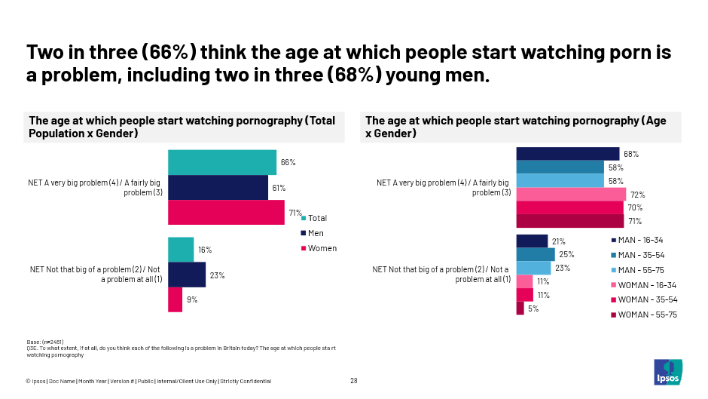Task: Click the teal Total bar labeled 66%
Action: tap(221, 162)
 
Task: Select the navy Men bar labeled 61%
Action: tap(218, 188)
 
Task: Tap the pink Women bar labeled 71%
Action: tap(226, 213)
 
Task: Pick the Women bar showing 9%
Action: tap(175, 299)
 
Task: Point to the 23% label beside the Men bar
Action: tap(218, 275)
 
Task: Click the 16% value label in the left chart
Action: tap(205, 250)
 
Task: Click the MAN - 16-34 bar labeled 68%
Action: tap(567, 154)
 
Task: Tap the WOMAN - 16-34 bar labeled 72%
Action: tap(570, 195)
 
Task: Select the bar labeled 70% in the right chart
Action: tap(569, 207)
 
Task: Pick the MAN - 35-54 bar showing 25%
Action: tap(535, 254)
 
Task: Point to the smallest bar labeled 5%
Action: tap(520, 308)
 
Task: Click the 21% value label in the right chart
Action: tap(559, 241)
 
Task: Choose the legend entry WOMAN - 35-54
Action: tap(646, 299)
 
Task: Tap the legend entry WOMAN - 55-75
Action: tap(646, 315)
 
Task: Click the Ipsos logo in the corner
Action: tap(667, 371)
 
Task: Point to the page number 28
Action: tap(354, 381)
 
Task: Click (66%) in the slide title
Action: tap(169, 52)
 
